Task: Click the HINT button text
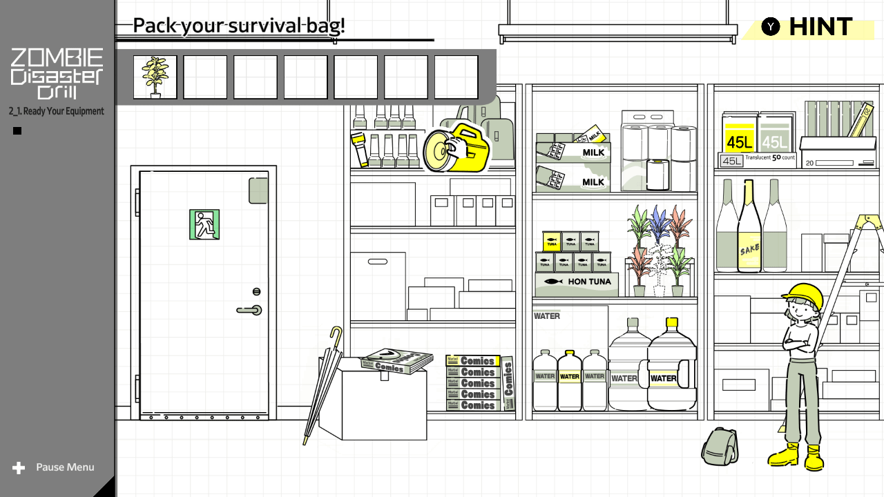pyautogui.click(x=820, y=27)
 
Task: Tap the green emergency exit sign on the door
pyautogui.click(x=204, y=224)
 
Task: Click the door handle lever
pyautogui.click(x=249, y=311)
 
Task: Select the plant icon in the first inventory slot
pyautogui.click(x=155, y=77)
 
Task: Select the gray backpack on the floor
pyautogui.click(x=719, y=447)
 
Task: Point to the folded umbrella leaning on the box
pyautogui.click(x=320, y=387)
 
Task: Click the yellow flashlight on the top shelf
pyautogui.click(x=358, y=148)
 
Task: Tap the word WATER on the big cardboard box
pyautogui.click(x=547, y=316)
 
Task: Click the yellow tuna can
pyautogui.click(x=552, y=241)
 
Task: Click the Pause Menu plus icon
pyautogui.click(x=19, y=468)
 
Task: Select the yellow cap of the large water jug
pyautogui.click(x=671, y=322)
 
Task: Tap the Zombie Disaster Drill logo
pyautogui.click(x=57, y=73)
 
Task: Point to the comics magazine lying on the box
pyautogui.click(x=397, y=361)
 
